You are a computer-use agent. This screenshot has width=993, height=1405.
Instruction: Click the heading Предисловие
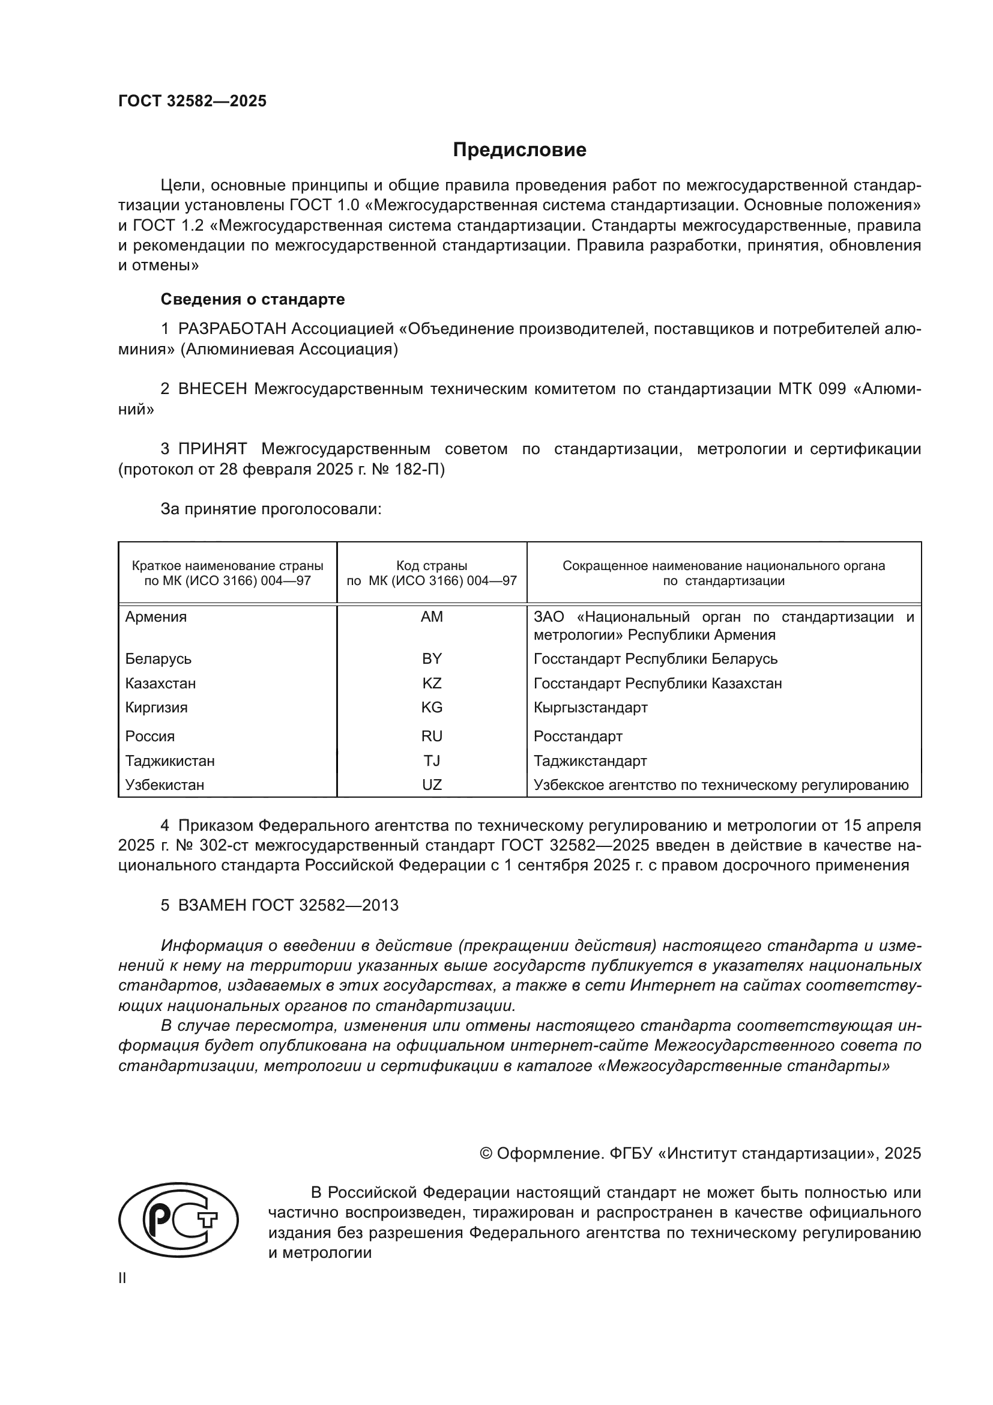(519, 150)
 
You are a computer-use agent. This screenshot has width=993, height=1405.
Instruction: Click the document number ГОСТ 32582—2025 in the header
(193, 101)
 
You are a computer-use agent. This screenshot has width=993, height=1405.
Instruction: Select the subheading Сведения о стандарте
(253, 299)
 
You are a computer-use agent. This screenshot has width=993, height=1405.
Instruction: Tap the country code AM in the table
(432, 617)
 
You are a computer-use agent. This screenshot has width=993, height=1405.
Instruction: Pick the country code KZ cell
(432, 683)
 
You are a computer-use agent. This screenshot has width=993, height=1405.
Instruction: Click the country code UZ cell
(432, 784)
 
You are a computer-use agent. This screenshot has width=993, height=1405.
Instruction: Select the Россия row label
(150, 736)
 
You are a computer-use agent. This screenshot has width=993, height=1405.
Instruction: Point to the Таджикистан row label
(170, 760)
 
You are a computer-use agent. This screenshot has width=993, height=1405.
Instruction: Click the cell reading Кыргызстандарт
(590, 708)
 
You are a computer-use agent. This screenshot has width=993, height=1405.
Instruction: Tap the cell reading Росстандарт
(578, 736)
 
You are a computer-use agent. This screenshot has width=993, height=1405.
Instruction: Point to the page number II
(122, 1278)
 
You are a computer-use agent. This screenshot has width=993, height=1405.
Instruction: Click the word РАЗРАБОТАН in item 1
(232, 329)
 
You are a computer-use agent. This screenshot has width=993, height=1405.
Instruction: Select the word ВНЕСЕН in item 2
(212, 389)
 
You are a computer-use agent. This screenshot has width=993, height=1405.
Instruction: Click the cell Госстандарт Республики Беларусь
(655, 659)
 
